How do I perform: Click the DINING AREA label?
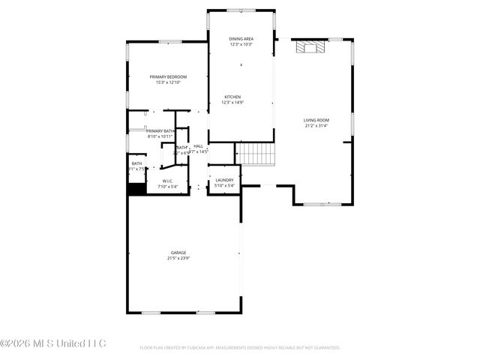[x=241, y=37]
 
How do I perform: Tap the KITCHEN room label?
[x=232, y=97]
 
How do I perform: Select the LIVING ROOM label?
[x=316, y=120]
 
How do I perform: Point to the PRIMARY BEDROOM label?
[x=168, y=77]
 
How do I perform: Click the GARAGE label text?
[x=178, y=253]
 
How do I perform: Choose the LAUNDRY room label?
[x=224, y=180]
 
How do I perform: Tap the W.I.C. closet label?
[x=168, y=181]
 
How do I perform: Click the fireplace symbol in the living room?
[x=310, y=48]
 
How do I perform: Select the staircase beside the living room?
[x=256, y=153]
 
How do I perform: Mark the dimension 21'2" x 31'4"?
[x=316, y=126]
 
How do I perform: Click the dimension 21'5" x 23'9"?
[x=178, y=258]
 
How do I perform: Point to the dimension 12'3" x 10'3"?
[x=241, y=43]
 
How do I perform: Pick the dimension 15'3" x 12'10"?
[x=168, y=82]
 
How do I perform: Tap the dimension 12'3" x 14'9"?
[x=232, y=103]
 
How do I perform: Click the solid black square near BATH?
[x=136, y=189]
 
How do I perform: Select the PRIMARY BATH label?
[x=160, y=131]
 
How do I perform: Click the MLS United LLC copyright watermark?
[x=53, y=343]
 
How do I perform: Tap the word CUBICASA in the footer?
[x=197, y=348]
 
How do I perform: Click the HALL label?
[x=199, y=146]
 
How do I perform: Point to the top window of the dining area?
[x=241, y=10]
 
